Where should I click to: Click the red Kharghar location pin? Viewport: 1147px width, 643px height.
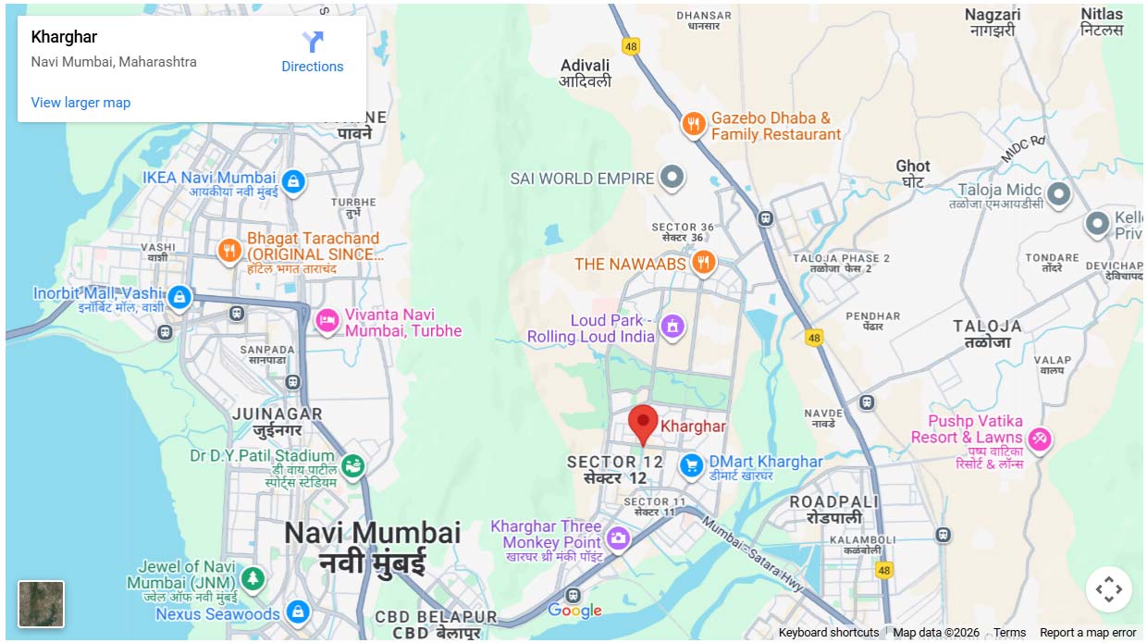click(x=643, y=423)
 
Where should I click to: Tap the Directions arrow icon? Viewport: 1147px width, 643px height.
click(x=313, y=42)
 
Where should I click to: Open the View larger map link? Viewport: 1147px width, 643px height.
click(x=80, y=103)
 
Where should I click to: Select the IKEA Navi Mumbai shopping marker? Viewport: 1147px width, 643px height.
click(x=293, y=181)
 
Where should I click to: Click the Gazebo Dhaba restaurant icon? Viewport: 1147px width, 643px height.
click(x=693, y=124)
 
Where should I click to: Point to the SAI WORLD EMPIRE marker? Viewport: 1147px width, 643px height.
click(x=672, y=178)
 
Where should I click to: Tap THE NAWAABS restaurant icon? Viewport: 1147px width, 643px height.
click(x=704, y=264)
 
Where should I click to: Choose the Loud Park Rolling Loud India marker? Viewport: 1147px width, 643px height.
click(x=672, y=327)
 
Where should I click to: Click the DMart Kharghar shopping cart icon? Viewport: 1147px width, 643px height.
click(x=690, y=465)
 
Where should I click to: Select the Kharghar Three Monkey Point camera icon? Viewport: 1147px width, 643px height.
click(x=618, y=538)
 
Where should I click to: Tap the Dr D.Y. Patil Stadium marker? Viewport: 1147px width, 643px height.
click(x=351, y=466)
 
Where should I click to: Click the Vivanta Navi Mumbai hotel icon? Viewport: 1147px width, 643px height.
click(x=327, y=321)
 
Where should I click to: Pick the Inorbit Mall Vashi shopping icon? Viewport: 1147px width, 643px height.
click(x=179, y=297)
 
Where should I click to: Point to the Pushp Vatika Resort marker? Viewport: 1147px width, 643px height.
click(x=1040, y=439)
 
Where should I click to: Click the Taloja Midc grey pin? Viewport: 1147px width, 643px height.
click(x=1058, y=194)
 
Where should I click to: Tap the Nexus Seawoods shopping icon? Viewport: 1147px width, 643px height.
click(x=297, y=612)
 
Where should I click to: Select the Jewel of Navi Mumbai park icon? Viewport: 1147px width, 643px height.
click(x=253, y=579)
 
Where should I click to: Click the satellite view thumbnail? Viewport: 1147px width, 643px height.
click(x=42, y=603)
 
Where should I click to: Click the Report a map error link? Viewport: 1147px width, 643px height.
click(x=1088, y=633)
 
